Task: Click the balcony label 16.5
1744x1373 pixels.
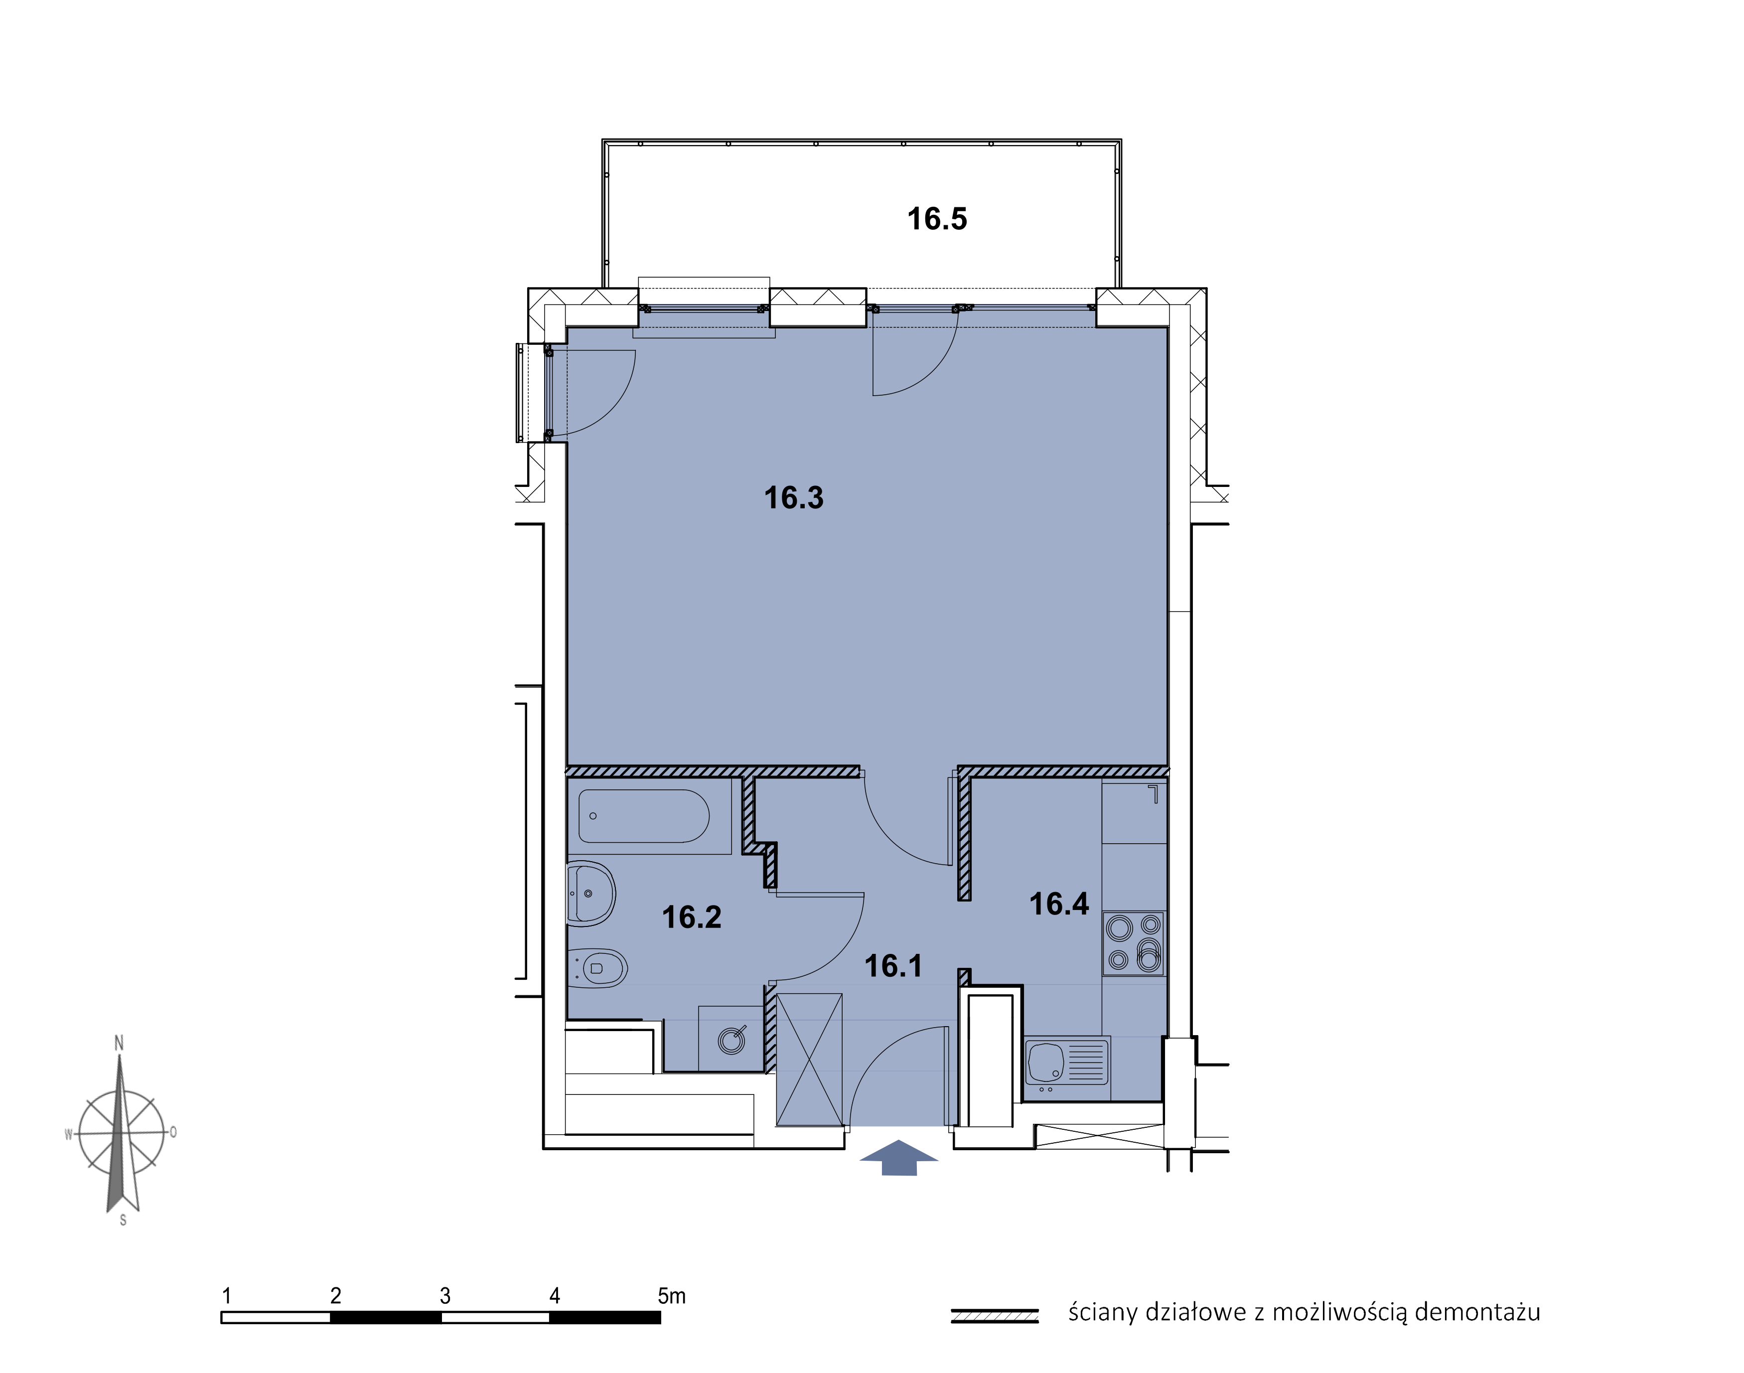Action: coord(937,219)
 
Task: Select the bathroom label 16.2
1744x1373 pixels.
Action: coord(692,917)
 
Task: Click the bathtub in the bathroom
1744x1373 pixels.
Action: coord(644,816)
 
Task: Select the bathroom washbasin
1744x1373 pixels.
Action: coord(591,893)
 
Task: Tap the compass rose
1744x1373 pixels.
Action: coord(122,1132)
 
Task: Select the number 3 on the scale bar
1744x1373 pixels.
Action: coord(445,1296)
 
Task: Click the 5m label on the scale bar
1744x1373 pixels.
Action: coord(672,1296)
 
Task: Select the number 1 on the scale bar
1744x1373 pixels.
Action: coord(227,1296)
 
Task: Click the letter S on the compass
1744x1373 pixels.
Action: coord(123,1220)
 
